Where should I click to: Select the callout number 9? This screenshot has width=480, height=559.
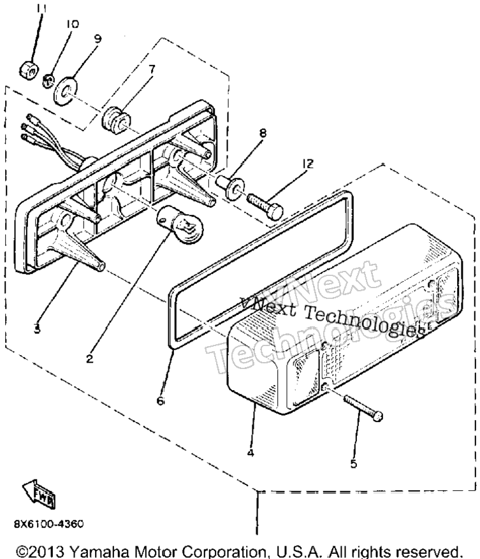(x=98, y=38)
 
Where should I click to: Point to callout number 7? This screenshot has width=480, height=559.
(x=152, y=69)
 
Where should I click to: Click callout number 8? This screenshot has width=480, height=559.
(x=263, y=133)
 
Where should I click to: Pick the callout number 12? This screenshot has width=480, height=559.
(x=307, y=164)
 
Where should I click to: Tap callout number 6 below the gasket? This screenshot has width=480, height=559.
(x=161, y=401)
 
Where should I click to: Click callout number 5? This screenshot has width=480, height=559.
(x=353, y=463)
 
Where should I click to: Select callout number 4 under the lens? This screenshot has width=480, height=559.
(x=251, y=453)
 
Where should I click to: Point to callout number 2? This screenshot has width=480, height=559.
(x=89, y=358)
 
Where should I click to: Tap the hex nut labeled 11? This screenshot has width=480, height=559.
(x=29, y=69)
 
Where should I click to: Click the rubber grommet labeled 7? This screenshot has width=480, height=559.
(x=113, y=122)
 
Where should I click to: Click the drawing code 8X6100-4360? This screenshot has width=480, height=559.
(x=49, y=524)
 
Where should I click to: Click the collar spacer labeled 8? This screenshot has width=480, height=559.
(x=230, y=185)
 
